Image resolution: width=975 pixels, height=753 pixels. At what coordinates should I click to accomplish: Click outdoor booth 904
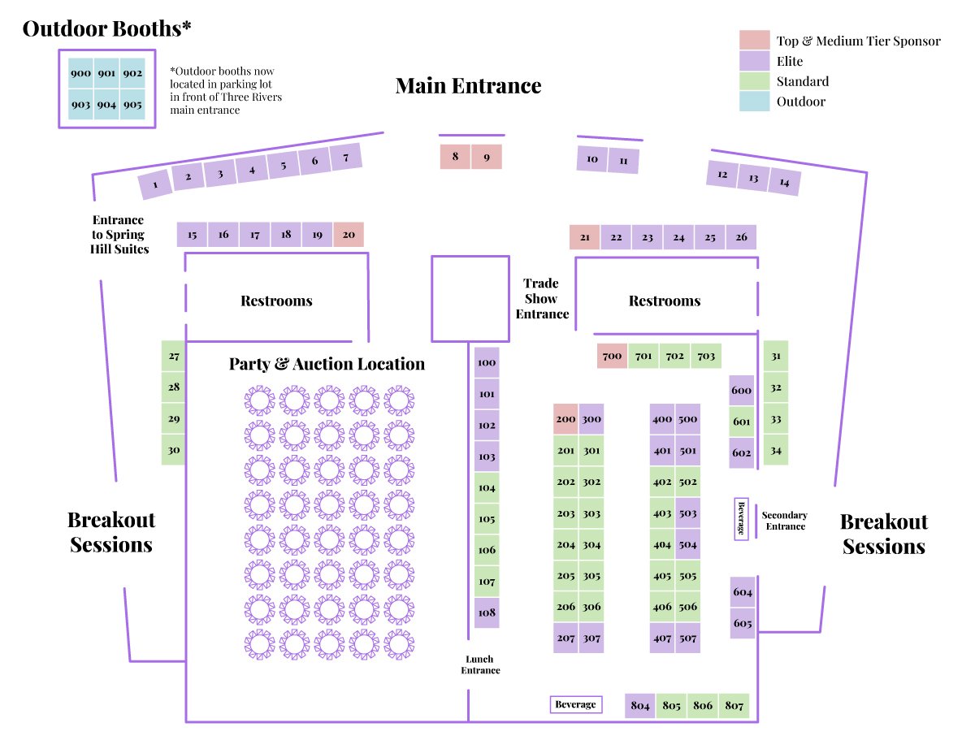pyautogui.click(x=106, y=105)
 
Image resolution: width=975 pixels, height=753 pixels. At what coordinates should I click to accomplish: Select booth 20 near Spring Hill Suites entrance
pyautogui.click(x=349, y=235)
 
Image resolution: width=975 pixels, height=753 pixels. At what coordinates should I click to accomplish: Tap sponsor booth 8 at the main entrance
pyautogui.click(x=455, y=157)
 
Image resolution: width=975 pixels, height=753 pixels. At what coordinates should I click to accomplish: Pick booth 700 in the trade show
pyautogui.click(x=612, y=356)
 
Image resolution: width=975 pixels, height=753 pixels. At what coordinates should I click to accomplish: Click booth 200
pyautogui.click(x=565, y=420)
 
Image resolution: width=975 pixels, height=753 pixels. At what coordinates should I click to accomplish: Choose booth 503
pyautogui.click(x=688, y=513)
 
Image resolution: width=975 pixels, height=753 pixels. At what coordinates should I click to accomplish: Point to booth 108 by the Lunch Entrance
pyautogui.click(x=487, y=612)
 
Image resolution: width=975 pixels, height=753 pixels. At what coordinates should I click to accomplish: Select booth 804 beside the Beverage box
pyautogui.click(x=640, y=706)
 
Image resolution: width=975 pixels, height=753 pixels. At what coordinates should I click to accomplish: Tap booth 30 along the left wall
pyautogui.click(x=174, y=449)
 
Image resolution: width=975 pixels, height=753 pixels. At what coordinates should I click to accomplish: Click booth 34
pyautogui.click(x=776, y=450)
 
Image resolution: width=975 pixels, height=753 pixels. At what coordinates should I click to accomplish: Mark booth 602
pyautogui.click(x=742, y=452)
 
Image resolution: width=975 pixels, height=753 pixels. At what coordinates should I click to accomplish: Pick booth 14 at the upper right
pyautogui.click(x=784, y=183)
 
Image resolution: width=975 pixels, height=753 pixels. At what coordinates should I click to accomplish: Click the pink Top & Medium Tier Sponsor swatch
pyautogui.click(x=754, y=41)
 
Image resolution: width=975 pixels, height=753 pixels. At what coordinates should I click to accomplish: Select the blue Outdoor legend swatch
pyautogui.click(x=754, y=102)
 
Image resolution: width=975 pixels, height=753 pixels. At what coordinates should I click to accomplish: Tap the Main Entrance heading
pyautogui.click(x=468, y=85)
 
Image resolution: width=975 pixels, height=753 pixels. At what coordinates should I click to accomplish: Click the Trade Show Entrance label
pyautogui.click(x=541, y=299)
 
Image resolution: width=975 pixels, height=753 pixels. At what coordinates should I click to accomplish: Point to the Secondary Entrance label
pyautogui.click(x=785, y=521)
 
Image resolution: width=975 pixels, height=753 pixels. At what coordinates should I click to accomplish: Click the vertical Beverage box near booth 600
pyautogui.click(x=741, y=518)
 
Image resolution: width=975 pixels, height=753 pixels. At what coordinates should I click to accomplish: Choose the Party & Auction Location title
pyautogui.click(x=327, y=364)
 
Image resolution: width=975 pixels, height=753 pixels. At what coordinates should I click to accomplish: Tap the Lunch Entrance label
pyautogui.click(x=480, y=664)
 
